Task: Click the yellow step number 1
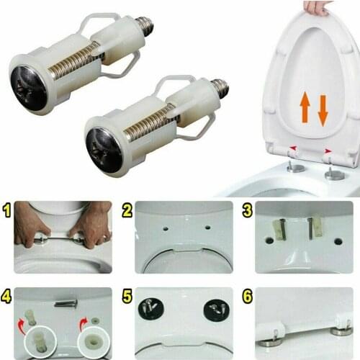point(6,211)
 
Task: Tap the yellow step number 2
point(127,211)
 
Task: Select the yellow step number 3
point(248,211)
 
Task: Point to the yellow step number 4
point(6,295)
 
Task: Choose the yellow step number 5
point(127,295)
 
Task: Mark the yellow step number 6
point(248,295)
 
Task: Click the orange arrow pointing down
point(323,109)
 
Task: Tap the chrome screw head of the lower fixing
point(104,149)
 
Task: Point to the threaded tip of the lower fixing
point(221,89)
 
